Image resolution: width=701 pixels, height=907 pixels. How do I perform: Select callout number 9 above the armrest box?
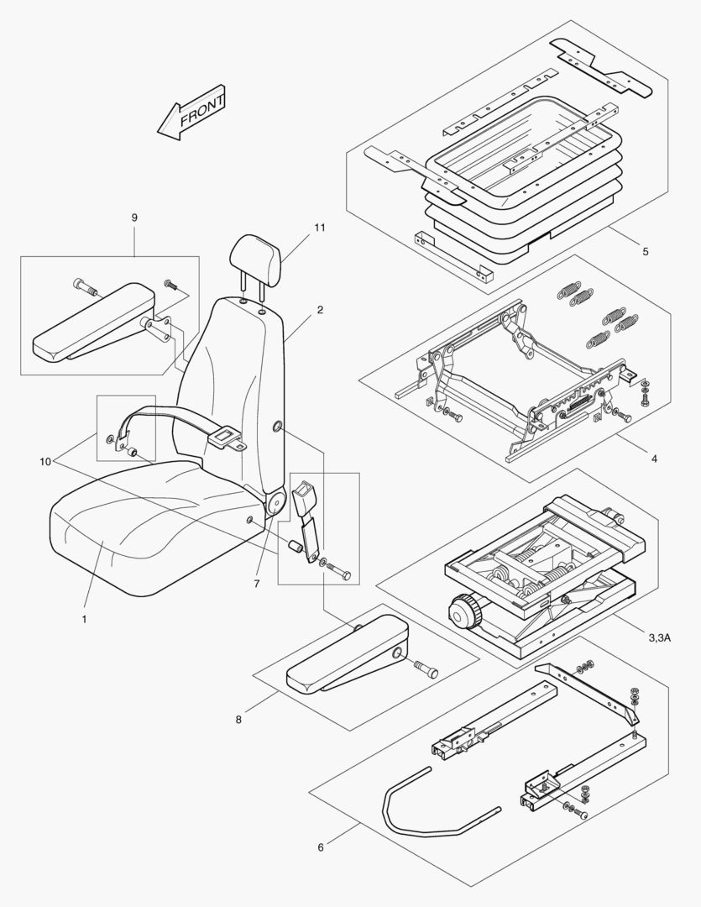point(134,218)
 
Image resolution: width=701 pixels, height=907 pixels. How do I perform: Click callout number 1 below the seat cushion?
point(84,619)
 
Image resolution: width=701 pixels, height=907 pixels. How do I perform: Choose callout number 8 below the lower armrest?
point(239,719)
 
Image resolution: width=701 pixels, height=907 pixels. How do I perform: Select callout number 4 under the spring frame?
point(653,459)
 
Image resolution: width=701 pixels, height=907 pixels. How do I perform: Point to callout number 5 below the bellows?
point(644,250)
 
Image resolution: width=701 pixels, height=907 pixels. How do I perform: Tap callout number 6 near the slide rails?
point(320,847)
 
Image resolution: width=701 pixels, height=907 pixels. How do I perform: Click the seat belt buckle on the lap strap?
point(224,436)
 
